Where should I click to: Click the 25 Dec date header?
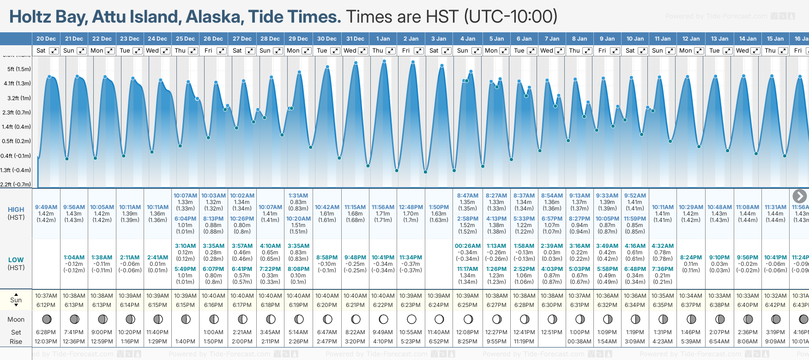tap(185, 39)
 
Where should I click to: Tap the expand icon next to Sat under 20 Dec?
tap(54, 51)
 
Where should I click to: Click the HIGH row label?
tap(16, 210)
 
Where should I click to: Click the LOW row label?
tap(16, 260)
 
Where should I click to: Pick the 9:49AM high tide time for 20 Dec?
tap(46, 207)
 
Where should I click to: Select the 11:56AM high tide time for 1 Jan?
tap(383, 207)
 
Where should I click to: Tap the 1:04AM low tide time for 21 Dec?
tap(74, 258)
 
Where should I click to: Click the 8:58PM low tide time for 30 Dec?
tap(326, 258)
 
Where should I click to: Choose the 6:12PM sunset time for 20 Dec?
tap(46, 305)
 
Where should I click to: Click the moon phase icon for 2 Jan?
tap(411, 319)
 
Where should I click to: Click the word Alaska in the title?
tap(214, 17)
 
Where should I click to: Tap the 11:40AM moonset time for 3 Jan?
tap(439, 332)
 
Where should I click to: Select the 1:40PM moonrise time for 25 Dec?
tap(185, 342)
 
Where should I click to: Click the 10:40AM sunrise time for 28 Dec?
tap(270, 296)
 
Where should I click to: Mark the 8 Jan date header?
tap(580, 39)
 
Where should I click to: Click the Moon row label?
tap(16, 319)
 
